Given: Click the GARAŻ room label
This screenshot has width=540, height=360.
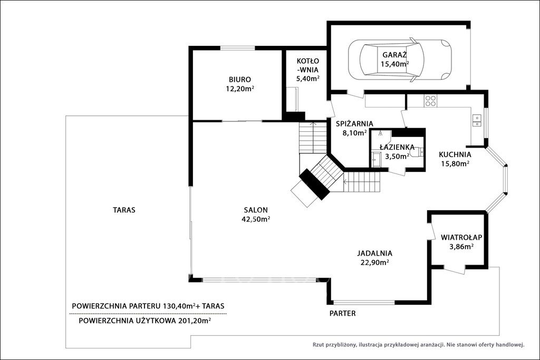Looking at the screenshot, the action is [x=394, y=55].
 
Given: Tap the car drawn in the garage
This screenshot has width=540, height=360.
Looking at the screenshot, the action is [x=400, y=60].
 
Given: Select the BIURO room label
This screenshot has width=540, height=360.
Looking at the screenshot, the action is [x=240, y=80].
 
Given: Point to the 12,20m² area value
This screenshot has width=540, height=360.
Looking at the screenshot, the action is [x=240, y=89].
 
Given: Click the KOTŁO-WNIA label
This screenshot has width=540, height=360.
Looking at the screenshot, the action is [x=308, y=65].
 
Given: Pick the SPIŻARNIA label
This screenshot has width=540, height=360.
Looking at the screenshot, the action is [x=354, y=123].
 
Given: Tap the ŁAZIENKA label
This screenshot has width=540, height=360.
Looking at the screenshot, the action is [x=397, y=147].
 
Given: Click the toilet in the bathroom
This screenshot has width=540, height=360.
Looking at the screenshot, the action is [x=417, y=152].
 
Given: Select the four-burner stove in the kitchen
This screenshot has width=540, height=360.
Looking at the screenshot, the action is [x=430, y=101].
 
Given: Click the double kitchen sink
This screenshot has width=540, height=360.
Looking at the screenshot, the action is [x=477, y=120].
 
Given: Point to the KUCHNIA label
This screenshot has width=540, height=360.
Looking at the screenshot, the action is [x=455, y=154].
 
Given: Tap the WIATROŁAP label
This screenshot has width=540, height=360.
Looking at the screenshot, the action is [x=461, y=237].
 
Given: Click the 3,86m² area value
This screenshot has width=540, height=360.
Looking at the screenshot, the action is [x=461, y=247].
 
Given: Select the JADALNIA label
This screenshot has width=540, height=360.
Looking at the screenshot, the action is [x=374, y=254].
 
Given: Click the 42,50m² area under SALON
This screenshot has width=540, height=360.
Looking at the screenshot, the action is [x=256, y=219].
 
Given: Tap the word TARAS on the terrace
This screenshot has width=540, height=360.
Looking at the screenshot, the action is [x=124, y=210].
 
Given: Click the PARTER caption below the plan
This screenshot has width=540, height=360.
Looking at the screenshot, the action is [x=342, y=314].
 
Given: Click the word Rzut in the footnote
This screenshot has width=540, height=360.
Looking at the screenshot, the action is [x=318, y=344].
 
